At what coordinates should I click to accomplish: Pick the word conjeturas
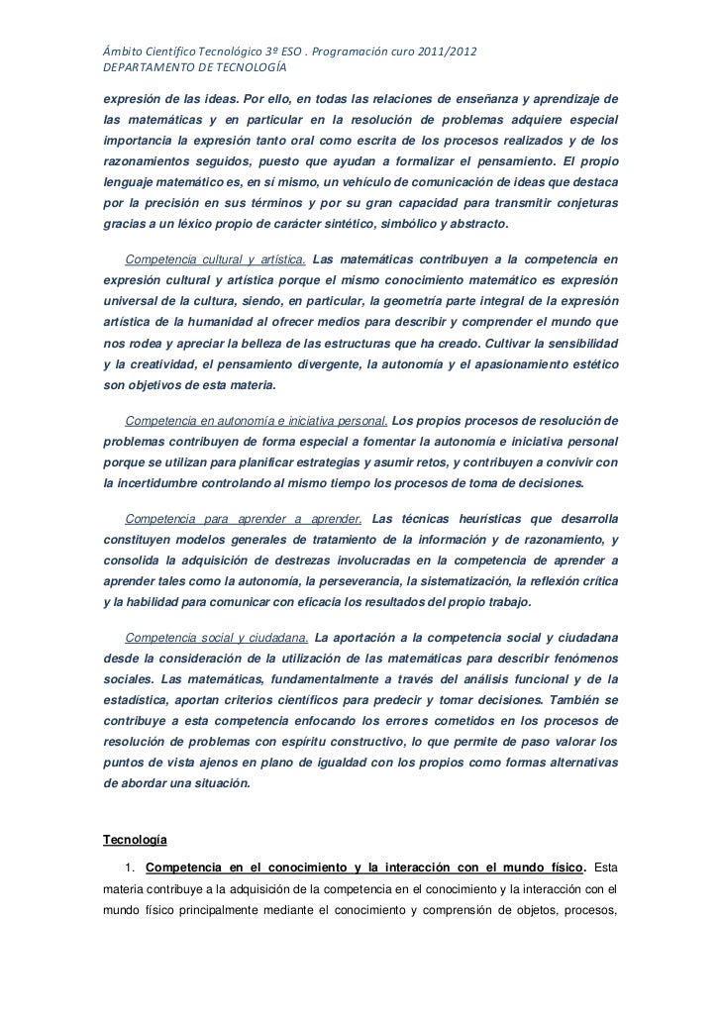pos(584,203)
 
